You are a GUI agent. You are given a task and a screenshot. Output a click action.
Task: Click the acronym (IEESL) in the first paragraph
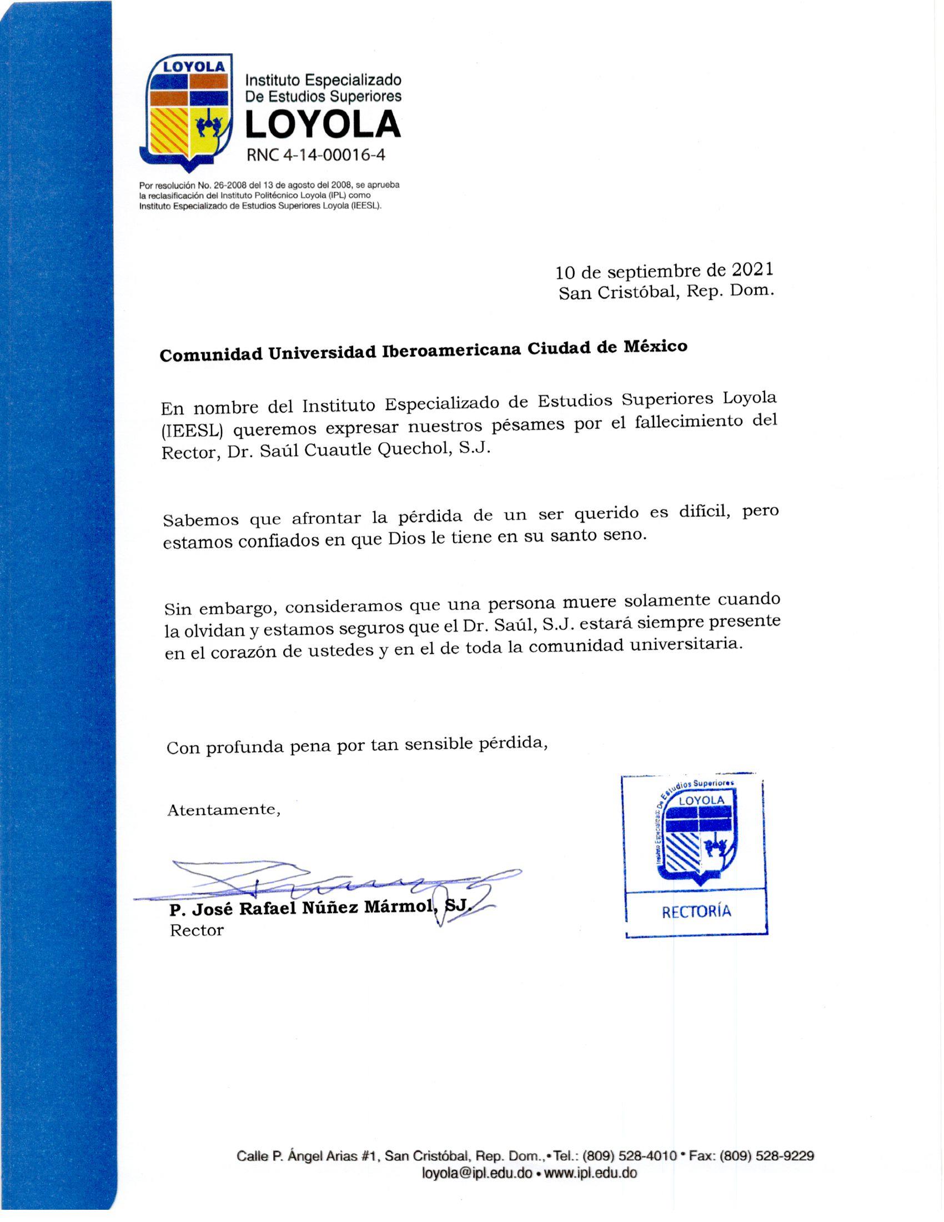coord(191,431)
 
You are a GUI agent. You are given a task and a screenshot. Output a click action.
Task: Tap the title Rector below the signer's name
coord(197,930)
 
